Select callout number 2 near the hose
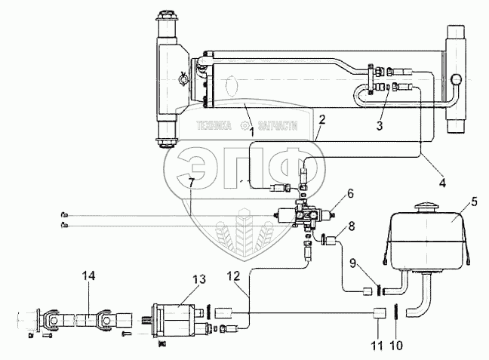321,119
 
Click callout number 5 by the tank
473,202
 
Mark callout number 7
191,182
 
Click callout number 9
352,263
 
